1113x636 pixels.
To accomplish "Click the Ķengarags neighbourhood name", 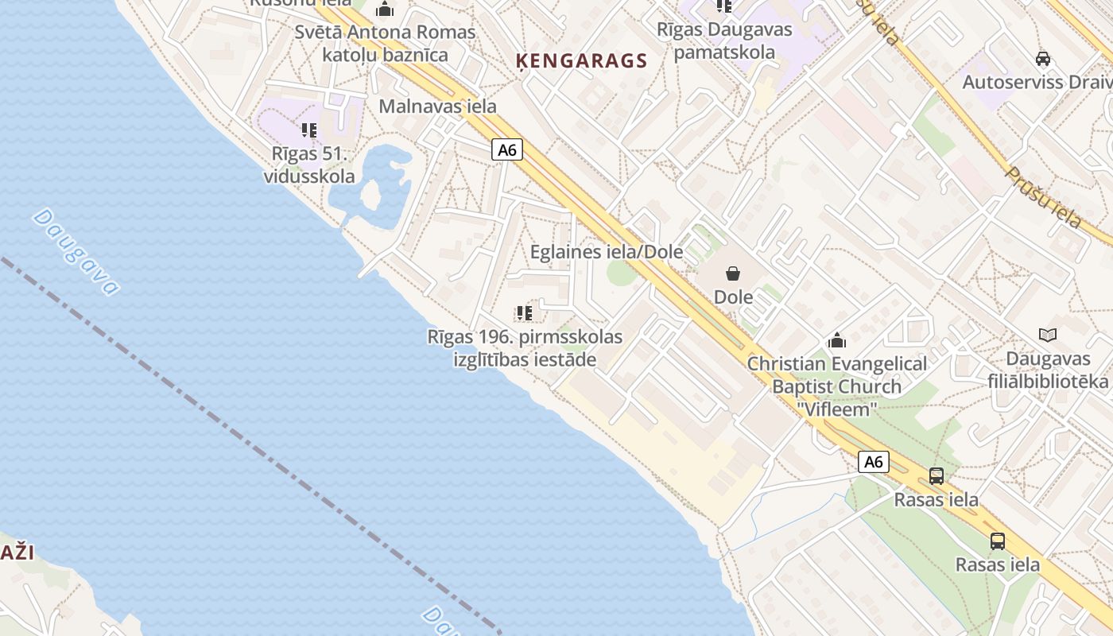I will pyautogui.click(x=581, y=61).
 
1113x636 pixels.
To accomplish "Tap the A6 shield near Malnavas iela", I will pyautogui.click(x=507, y=149).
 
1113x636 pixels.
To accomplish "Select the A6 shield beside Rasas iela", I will pyautogui.click(x=873, y=462).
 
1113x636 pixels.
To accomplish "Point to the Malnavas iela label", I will pyautogui.click(x=437, y=106).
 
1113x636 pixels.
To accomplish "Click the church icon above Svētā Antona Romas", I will pyautogui.click(x=386, y=10).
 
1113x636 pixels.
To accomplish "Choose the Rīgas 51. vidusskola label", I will pyautogui.click(x=309, y=165).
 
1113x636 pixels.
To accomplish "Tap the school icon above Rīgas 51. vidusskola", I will pyautogui.click(x=309, y=130).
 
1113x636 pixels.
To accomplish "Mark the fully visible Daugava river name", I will pyautogui.click(x=76, y=251).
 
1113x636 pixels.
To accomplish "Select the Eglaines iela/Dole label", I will pyautogui.click(x=607, y=252).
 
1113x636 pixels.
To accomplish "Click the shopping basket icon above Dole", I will pyautogui.click(x=733, y=273).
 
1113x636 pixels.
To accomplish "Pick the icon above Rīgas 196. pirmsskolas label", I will pyautogui.click(x=524, y=313).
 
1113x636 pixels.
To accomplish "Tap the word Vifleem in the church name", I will pyautogui.click(x=837, y=409).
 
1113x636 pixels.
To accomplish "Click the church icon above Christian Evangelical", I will pyautogui.click(x=836, y=341).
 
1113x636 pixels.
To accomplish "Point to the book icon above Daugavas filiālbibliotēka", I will pyautogui.click(x=1048, y=335).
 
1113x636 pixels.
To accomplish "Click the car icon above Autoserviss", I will pyautogui.click(x=1043, y=59).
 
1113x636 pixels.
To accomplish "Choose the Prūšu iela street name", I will pyautogui.click(x=1043, y=197).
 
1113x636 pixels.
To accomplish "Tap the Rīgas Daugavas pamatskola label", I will pyautogui.click(x=724, y=41).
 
